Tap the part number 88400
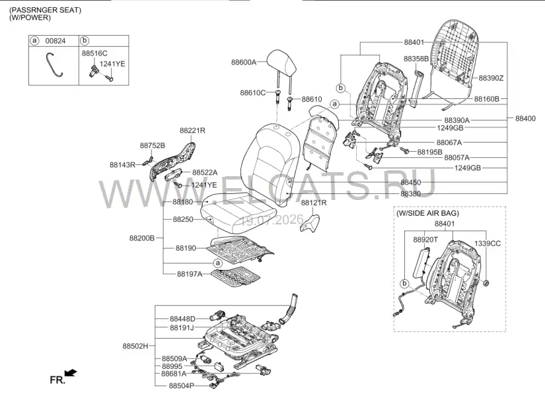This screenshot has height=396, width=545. click(x=525, y=118)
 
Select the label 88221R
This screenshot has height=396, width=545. click(x=192, y=131)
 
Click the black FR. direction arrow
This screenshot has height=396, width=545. click(x=71, y=373)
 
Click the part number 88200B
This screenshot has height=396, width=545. click(x=142, y=238)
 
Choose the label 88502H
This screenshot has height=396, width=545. click(x=135, y=346)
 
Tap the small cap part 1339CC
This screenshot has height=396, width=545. click(x=486, y=282)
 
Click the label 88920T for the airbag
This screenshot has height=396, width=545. click(x=425, y=240)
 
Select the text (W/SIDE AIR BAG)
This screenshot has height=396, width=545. click(x=427, y=213)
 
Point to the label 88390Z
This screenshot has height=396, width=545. click(x=491, y=78)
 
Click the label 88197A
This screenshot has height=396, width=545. click(x=190, y=274)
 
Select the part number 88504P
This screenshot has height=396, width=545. click(x=182, y=385)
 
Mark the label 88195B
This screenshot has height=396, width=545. click(x=429, y=152)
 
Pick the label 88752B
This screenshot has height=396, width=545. click(x=153, y=146)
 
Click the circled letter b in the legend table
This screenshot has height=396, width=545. click(x=85, y=41)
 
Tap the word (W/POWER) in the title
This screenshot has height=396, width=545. click(x=30, y=18)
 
